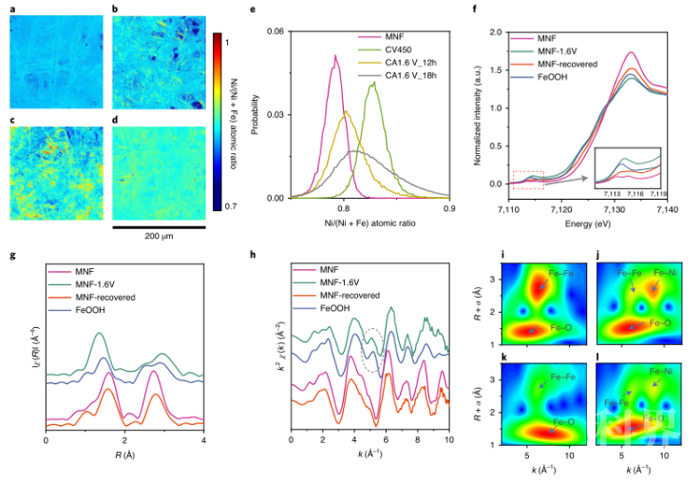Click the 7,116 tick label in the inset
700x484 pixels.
point(635,193)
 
